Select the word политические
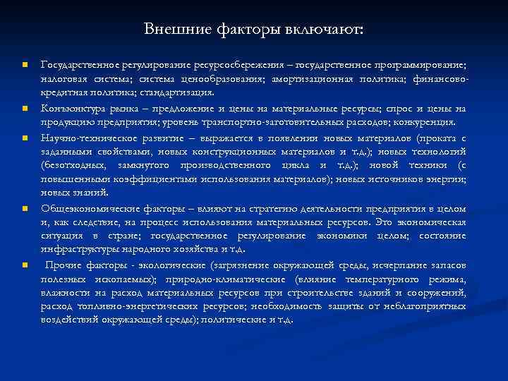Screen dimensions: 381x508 click(x=229, y=320)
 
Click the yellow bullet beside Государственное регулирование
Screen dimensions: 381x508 click(x=24, y=66)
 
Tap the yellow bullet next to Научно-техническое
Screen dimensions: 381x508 click(x=24, y=137)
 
